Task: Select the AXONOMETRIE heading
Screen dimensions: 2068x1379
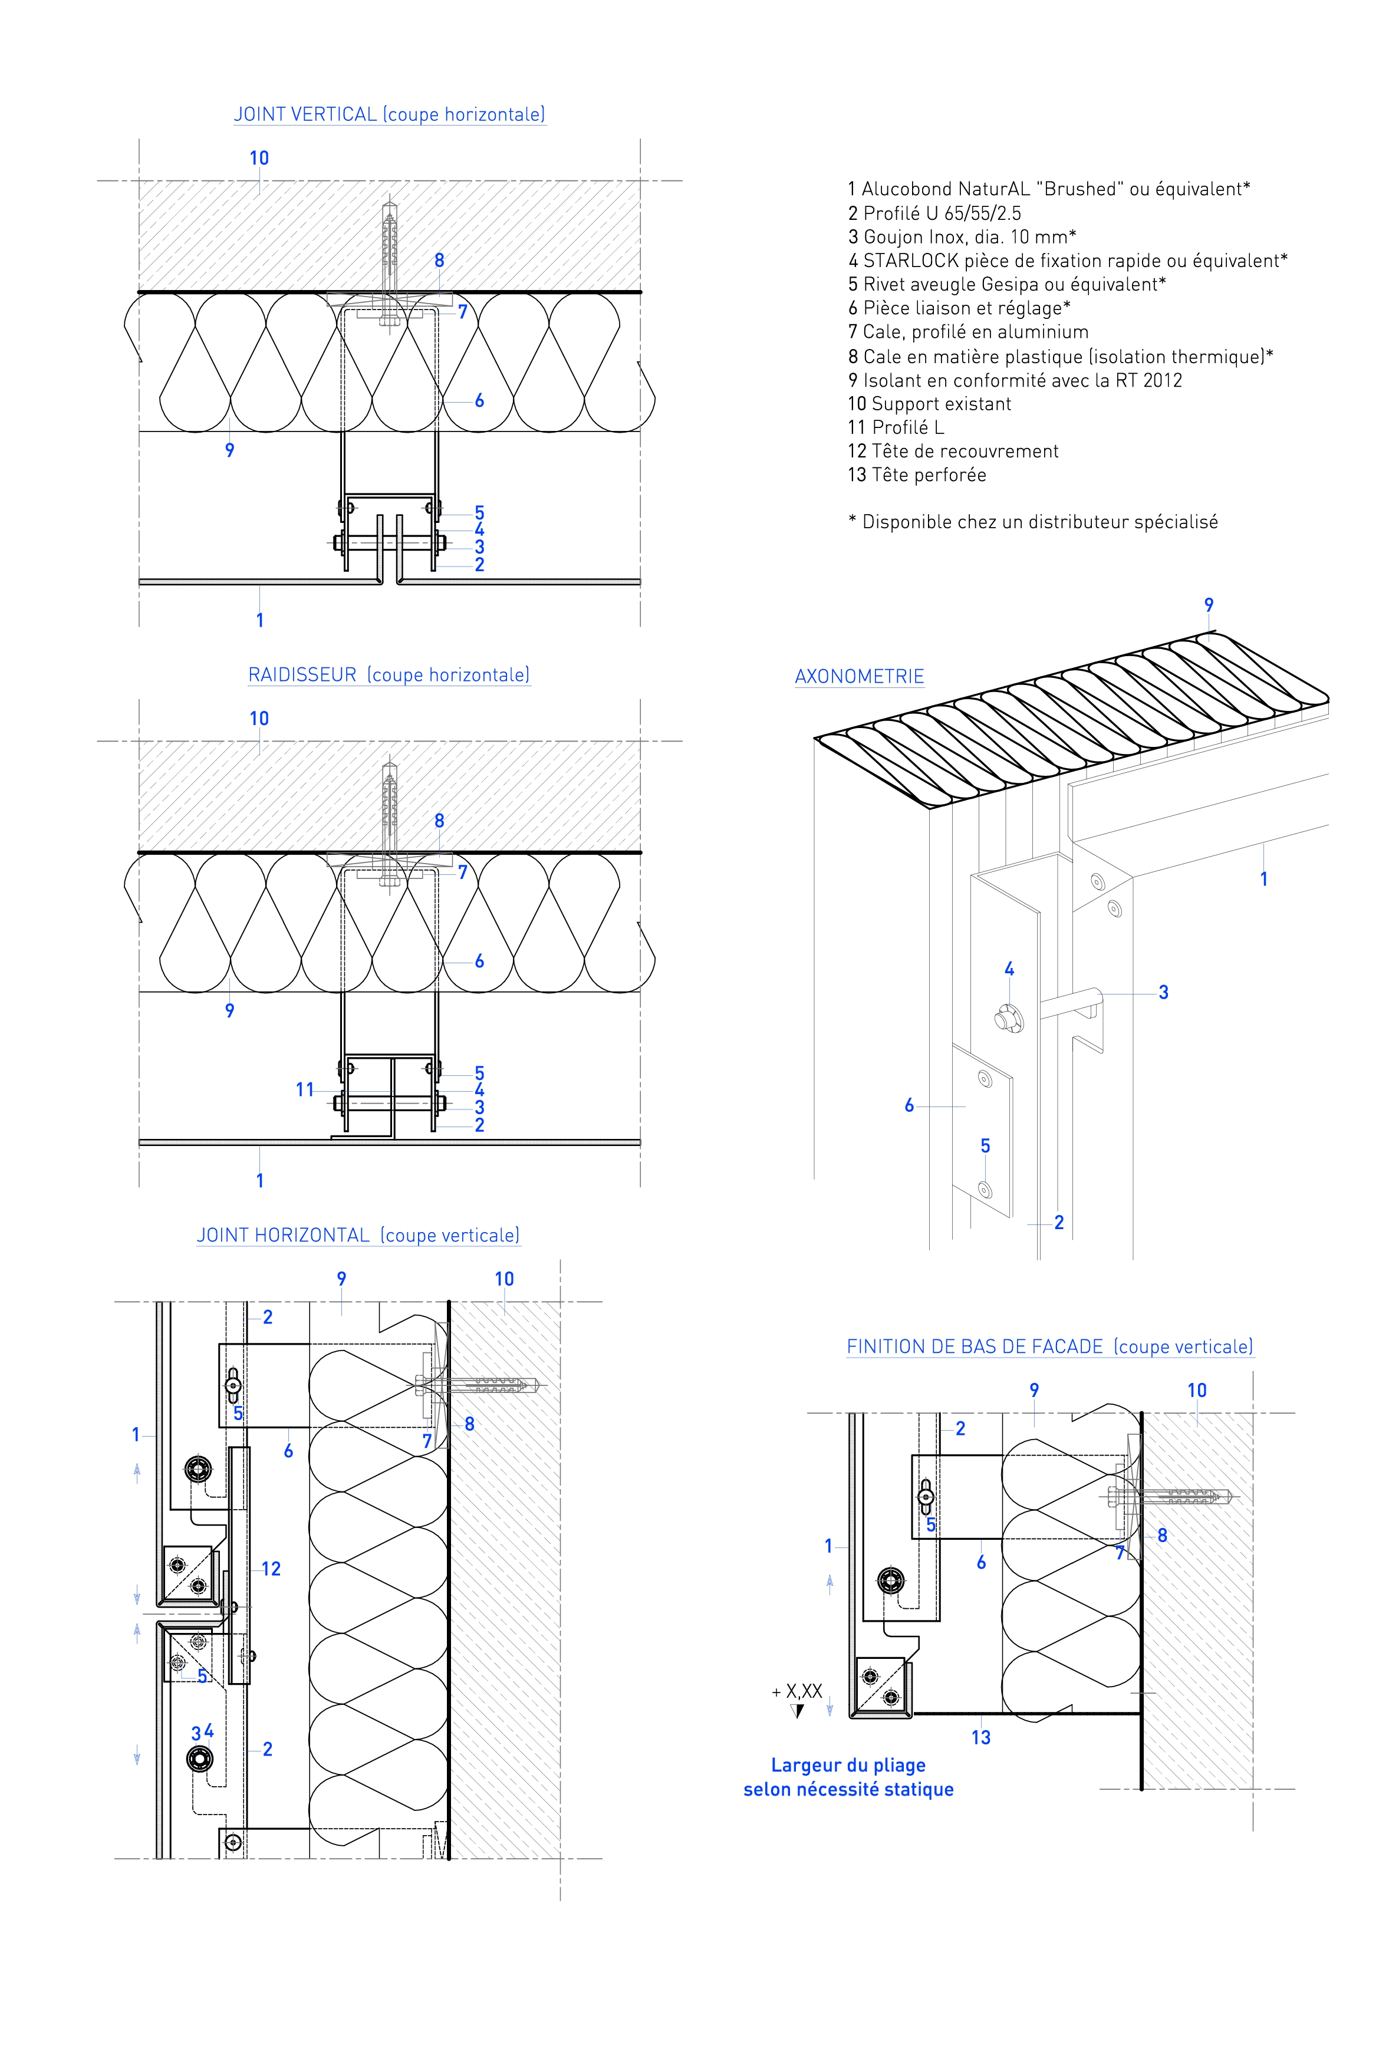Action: point(859,676)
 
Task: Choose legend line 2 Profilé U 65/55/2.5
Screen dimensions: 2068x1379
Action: point(934,213)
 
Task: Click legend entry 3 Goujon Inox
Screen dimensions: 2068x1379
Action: point(962,236)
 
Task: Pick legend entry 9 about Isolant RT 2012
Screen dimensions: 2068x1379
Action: point(1015,380)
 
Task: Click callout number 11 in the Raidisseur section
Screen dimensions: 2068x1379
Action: point(304,1090)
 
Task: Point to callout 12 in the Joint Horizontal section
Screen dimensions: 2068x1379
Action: point(271,1569)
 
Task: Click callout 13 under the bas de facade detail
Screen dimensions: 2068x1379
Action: point(980,1737)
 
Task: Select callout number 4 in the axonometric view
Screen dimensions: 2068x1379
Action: point(1009,969)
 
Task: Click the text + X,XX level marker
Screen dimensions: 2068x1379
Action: point(797,1691)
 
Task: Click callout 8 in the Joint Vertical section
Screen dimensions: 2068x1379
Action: point(439,260)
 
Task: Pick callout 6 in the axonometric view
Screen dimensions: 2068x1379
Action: point(909,1105)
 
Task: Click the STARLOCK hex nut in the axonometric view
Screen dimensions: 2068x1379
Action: point(1008,1020)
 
